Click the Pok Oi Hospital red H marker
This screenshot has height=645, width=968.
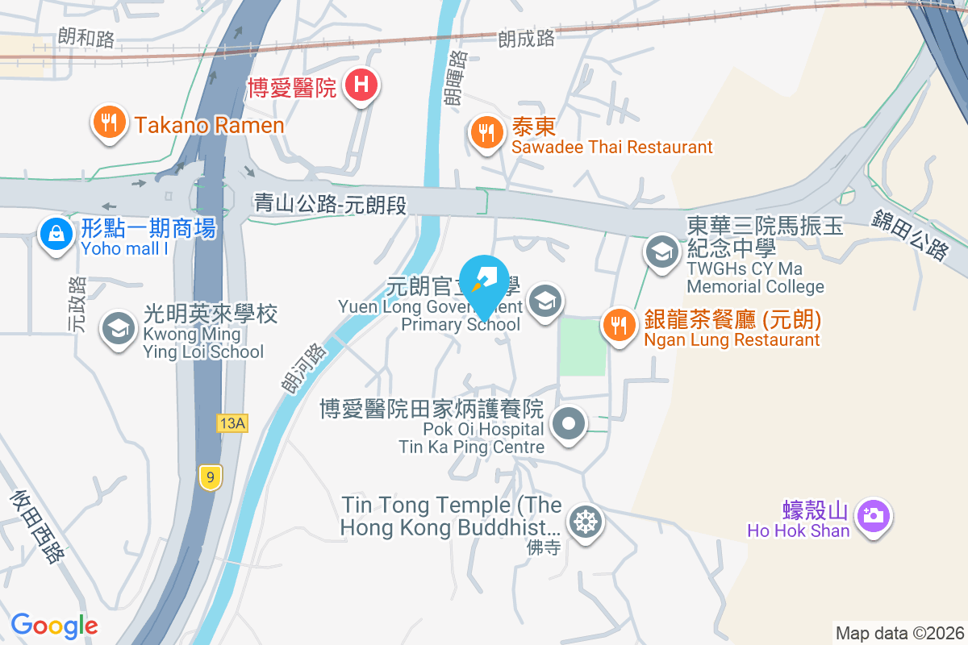361,84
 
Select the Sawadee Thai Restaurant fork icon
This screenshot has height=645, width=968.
486,131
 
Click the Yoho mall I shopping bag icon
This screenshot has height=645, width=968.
55,234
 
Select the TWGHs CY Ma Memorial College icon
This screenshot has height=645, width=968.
661,252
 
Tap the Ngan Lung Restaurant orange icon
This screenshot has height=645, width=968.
619,325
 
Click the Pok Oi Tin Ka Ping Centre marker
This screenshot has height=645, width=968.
570,423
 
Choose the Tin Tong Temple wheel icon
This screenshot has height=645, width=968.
583,522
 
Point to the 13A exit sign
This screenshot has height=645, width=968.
232,423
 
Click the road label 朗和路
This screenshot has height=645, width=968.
86,37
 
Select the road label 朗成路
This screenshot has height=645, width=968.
527,37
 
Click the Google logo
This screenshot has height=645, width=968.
54,626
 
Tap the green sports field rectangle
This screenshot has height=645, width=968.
582,347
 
